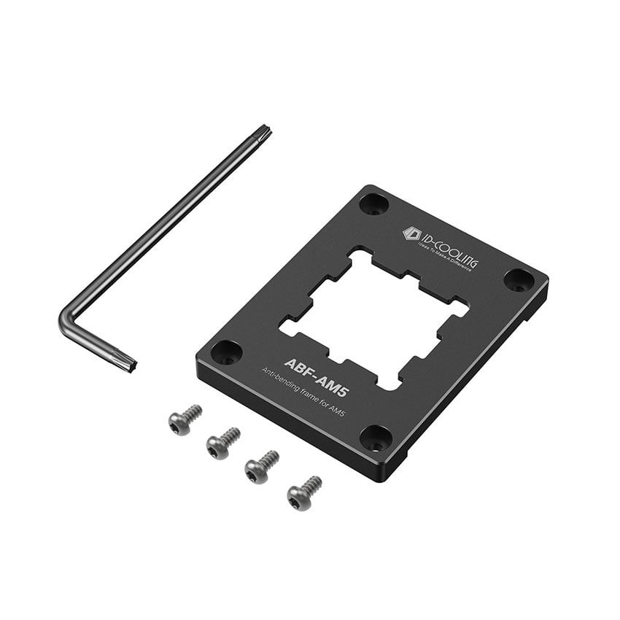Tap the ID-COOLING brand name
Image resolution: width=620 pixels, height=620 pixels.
[x=446, y=248]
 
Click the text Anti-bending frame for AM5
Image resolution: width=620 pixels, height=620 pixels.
[x=303, y=395]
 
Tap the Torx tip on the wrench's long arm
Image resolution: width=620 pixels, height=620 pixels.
[x=263, y=133]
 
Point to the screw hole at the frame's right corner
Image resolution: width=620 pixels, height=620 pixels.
[x=519, y=279]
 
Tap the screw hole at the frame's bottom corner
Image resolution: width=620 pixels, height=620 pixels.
[x=376, y=438]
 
